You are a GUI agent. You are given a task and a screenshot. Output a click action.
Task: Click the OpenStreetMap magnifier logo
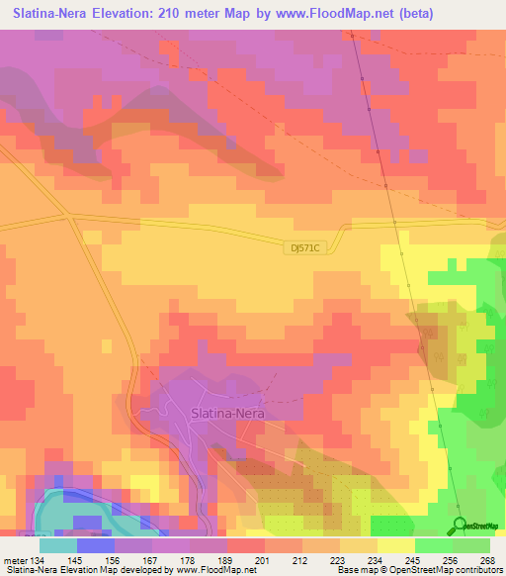[x=461, y=524]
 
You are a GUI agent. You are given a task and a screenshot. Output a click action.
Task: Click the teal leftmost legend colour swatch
[x=57, y=545]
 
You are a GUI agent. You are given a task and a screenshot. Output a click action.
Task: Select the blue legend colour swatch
[x=95, y=545]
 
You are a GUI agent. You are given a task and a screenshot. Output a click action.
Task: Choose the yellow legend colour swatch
[x=395, y=545]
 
